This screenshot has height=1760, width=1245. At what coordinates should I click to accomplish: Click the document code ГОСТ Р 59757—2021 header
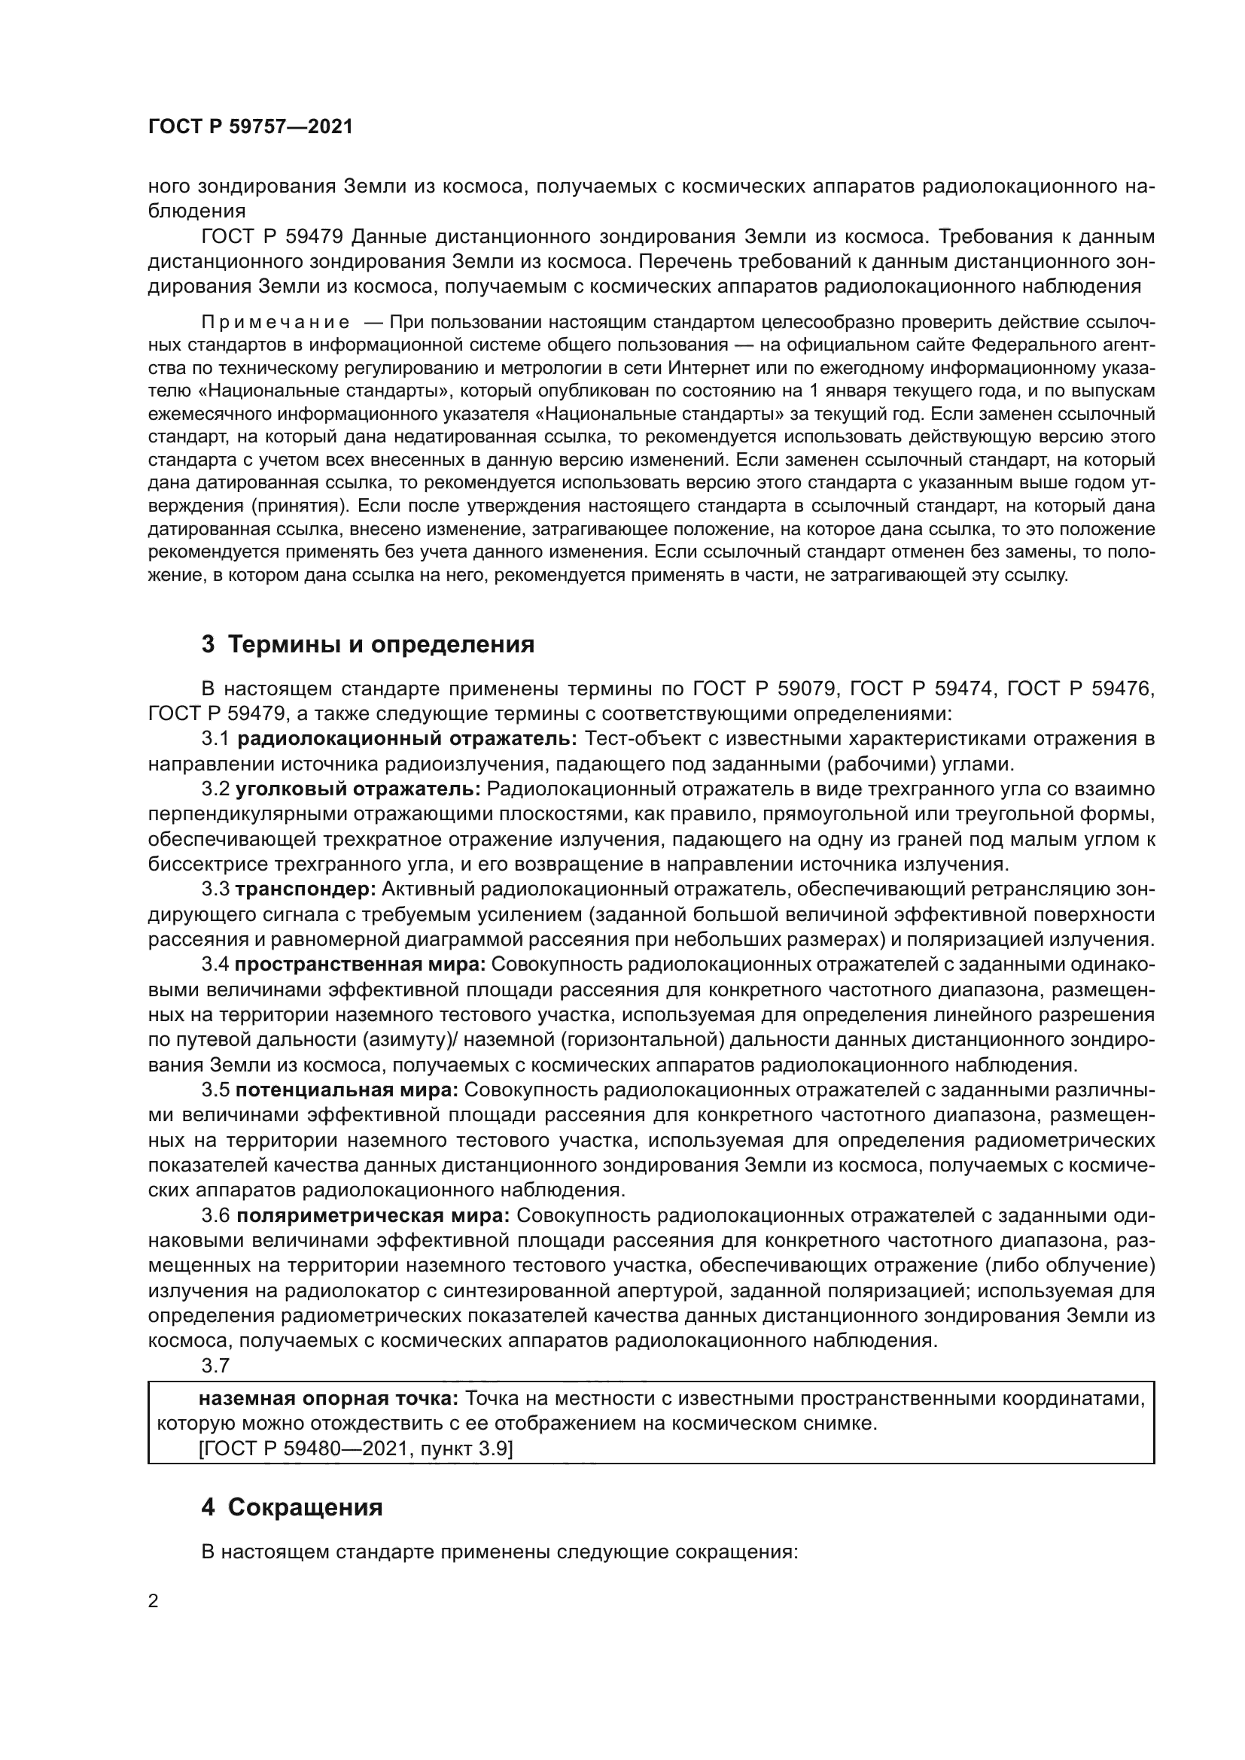click(x=250, y=127)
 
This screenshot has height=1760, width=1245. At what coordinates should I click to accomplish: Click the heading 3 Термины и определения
click(x=367, y=645)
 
